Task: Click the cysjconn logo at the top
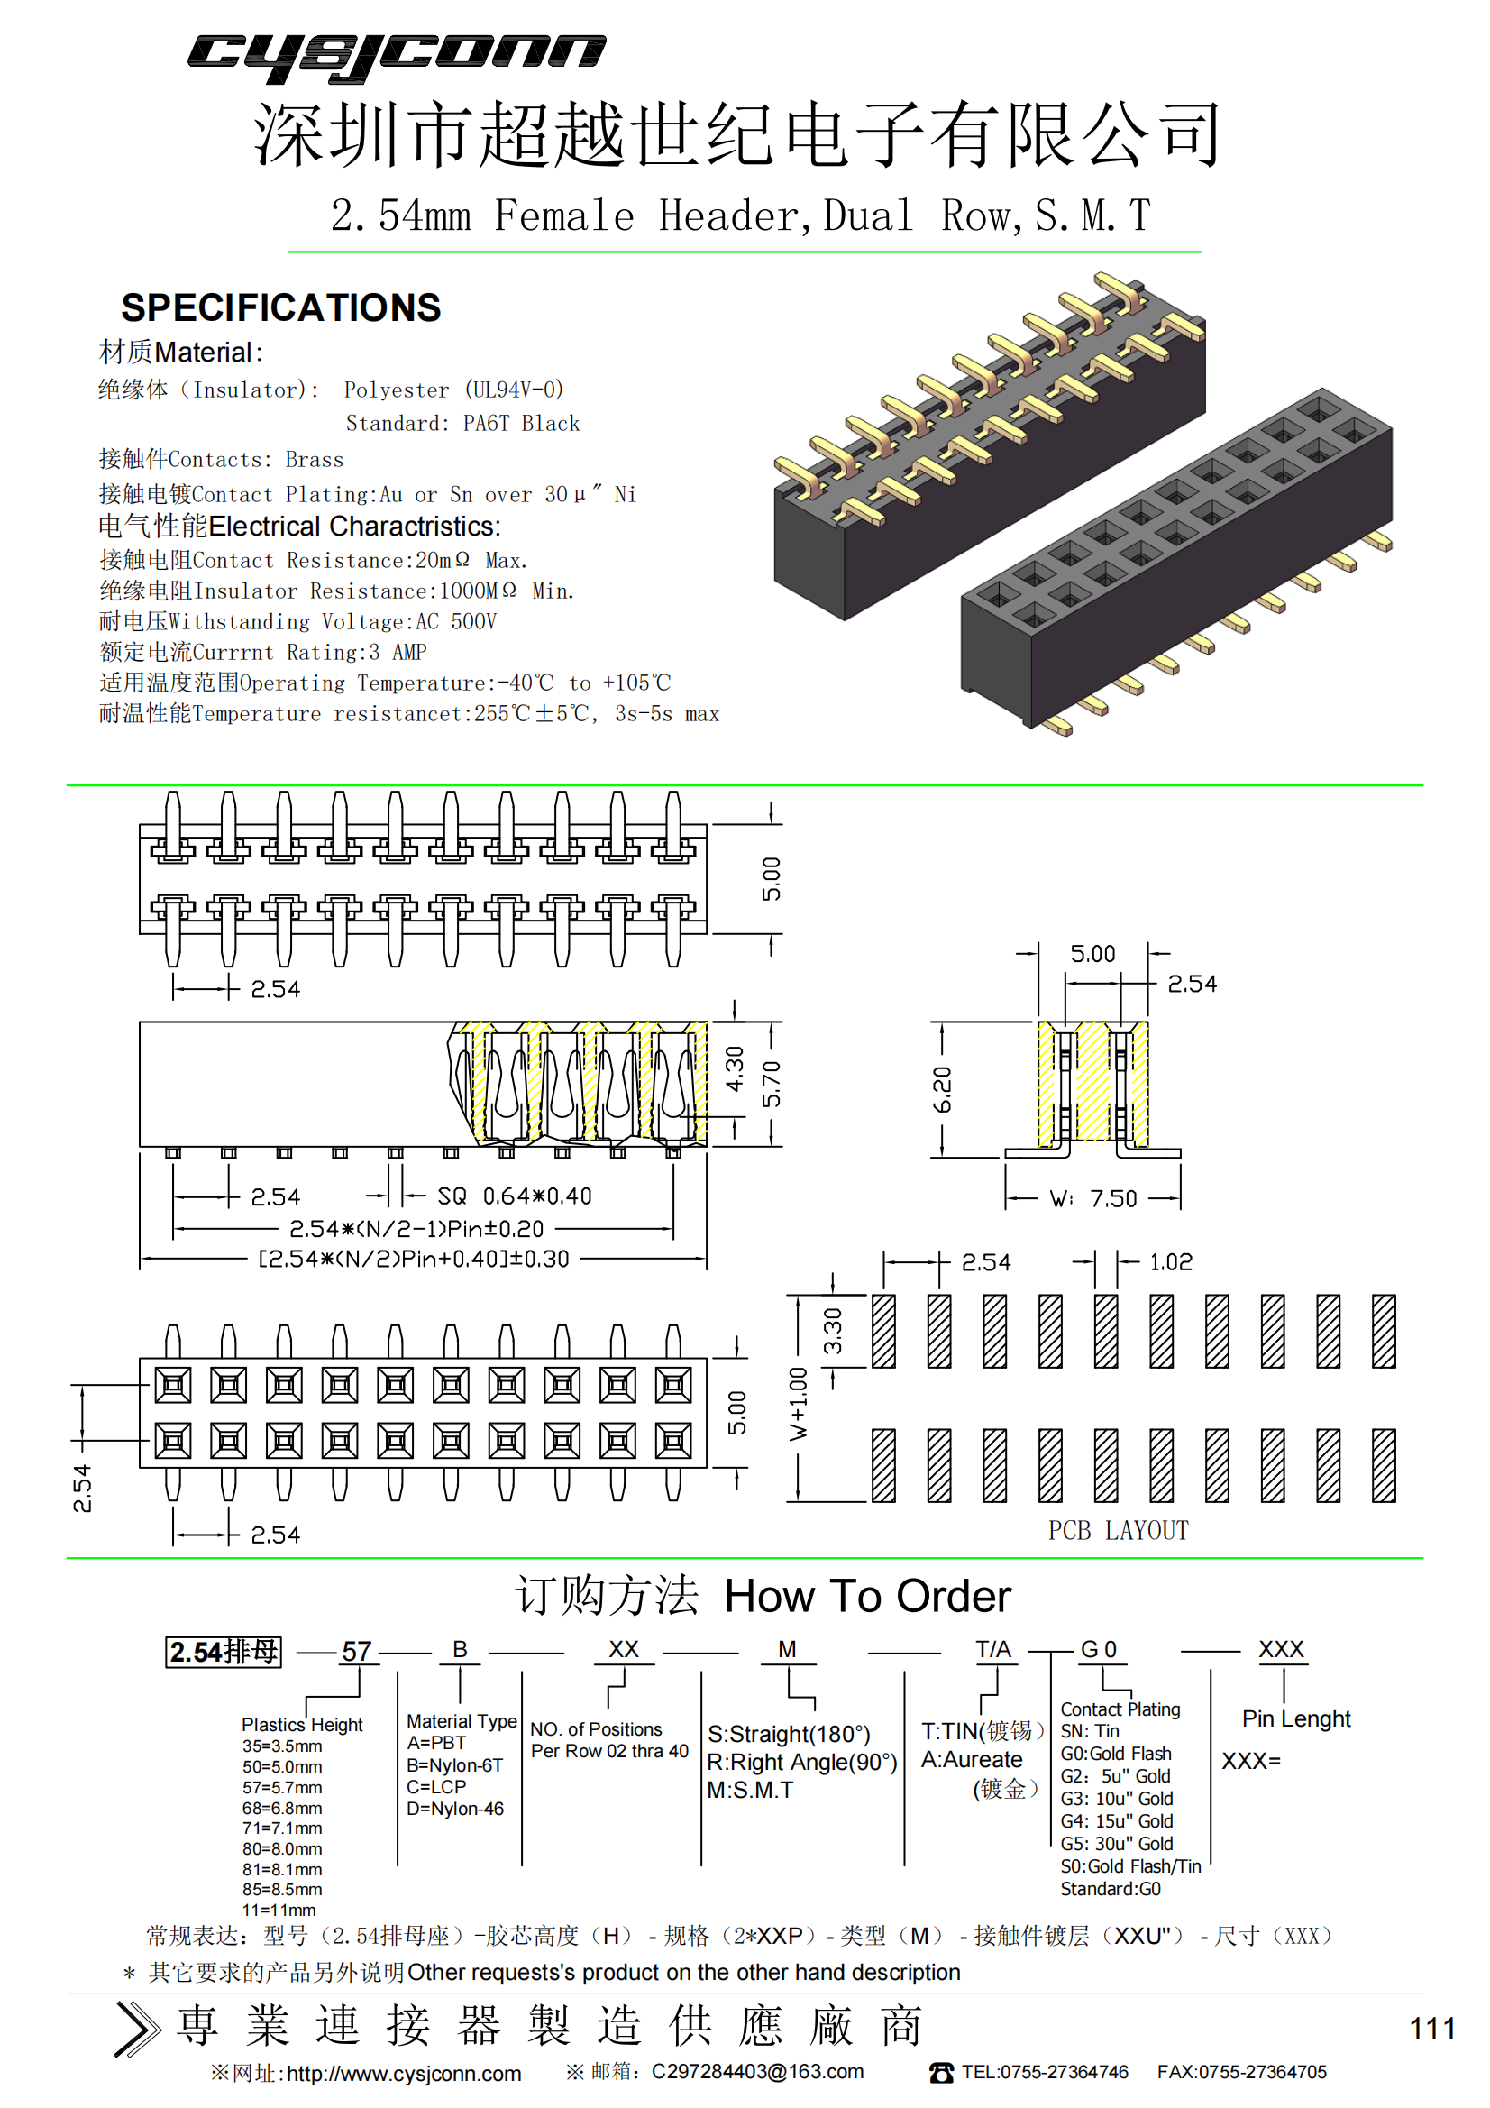point(397,57)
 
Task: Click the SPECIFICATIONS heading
point(281,308)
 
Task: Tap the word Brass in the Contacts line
point(314,460)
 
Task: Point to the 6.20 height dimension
point(942,1090)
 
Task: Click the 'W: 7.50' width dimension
point(1093,1199)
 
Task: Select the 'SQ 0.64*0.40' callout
point(514,1196)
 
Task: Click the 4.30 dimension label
point(735,1069)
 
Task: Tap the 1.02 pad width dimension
point(1171,1262)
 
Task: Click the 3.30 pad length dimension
point(833,1332)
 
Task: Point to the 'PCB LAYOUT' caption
point(1119,1530)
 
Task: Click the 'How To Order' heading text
point(867,1597)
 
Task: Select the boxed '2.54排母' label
point(223,1652)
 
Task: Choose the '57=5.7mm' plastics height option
point(282,1788)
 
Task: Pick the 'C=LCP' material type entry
point(436,1787)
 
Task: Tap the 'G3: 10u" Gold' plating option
point(1116,1799)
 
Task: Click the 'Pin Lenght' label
point(1296,1718)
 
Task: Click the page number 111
point(1432,2028)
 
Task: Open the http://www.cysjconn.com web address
point(404,2074)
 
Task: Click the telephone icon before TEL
point(941,2073)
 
